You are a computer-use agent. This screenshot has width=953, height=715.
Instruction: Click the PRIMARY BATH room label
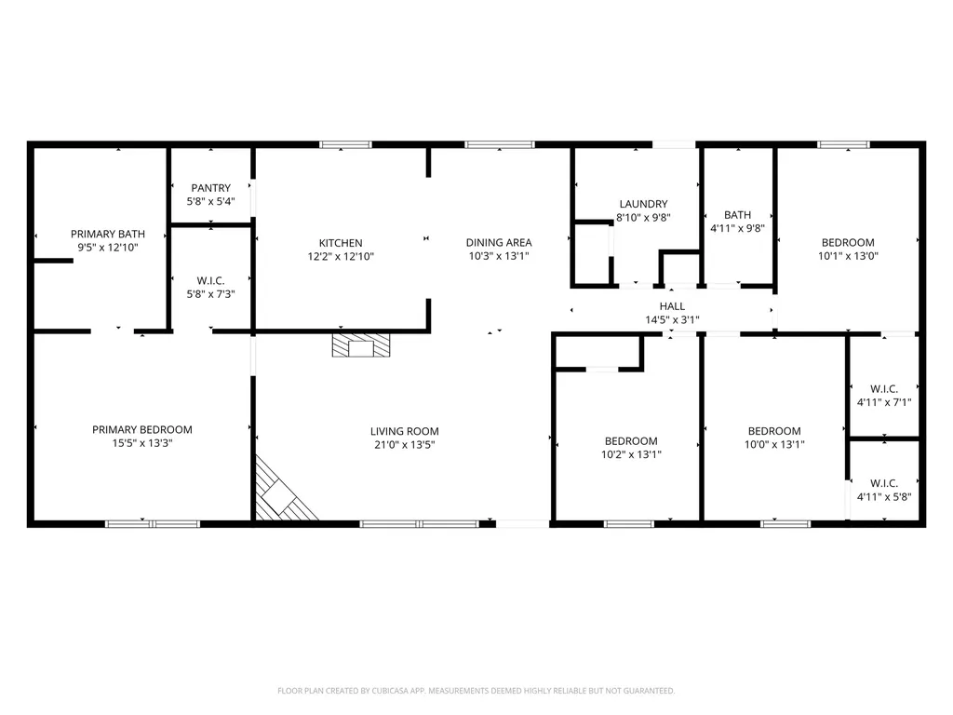101,234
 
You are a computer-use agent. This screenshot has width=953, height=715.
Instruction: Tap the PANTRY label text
210,188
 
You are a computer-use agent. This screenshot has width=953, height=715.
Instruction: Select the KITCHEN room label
341,243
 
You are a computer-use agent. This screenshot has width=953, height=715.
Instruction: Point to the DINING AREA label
499,243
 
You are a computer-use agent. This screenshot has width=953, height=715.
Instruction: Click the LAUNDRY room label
643,204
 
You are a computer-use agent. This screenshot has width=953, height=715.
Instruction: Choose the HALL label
672,306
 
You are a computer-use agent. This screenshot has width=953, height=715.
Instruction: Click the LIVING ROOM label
404,431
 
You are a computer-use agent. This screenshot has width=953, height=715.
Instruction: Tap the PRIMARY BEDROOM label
141,429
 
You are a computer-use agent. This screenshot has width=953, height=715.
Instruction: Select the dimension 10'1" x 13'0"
847,256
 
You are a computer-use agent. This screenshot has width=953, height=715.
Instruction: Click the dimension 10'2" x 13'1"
631,454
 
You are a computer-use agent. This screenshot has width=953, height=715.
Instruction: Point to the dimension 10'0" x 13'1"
774,445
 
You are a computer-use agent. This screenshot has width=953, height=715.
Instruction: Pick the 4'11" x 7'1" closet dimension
883,403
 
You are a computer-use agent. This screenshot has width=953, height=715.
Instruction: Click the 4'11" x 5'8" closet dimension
883,497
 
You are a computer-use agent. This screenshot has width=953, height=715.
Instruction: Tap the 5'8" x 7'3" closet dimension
210,294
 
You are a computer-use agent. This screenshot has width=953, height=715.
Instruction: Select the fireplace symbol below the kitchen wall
361,347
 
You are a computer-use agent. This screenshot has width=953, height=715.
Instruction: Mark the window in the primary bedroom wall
152,524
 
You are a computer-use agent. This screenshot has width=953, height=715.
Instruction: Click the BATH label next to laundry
737,214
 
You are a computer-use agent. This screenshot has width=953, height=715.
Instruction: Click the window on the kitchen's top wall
345,144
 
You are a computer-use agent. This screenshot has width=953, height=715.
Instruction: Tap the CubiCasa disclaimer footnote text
476,691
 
